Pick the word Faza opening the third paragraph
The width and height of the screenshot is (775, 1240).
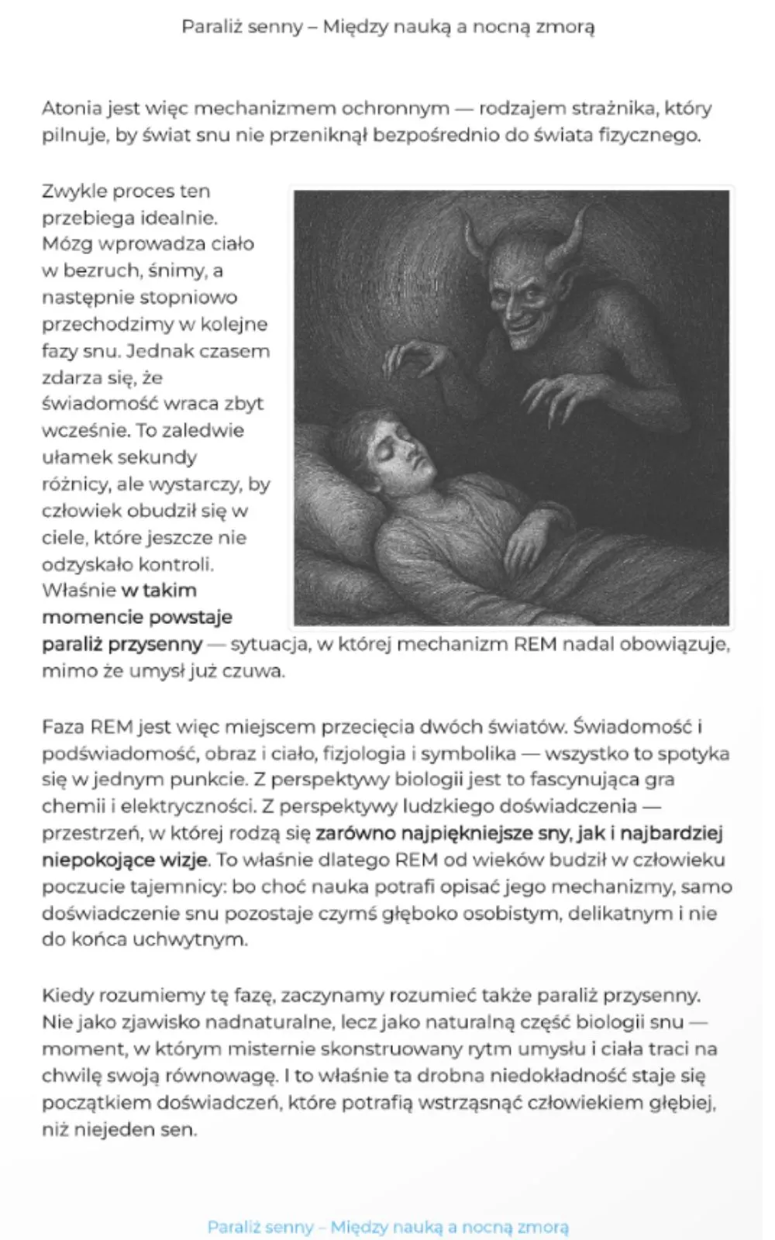[x=63, y=727]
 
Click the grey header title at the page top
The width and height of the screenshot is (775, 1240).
[x=387, y=27]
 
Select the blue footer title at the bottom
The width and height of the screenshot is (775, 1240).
[x=387, y=1227]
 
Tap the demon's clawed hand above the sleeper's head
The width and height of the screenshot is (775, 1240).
[x=415, y=360]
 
